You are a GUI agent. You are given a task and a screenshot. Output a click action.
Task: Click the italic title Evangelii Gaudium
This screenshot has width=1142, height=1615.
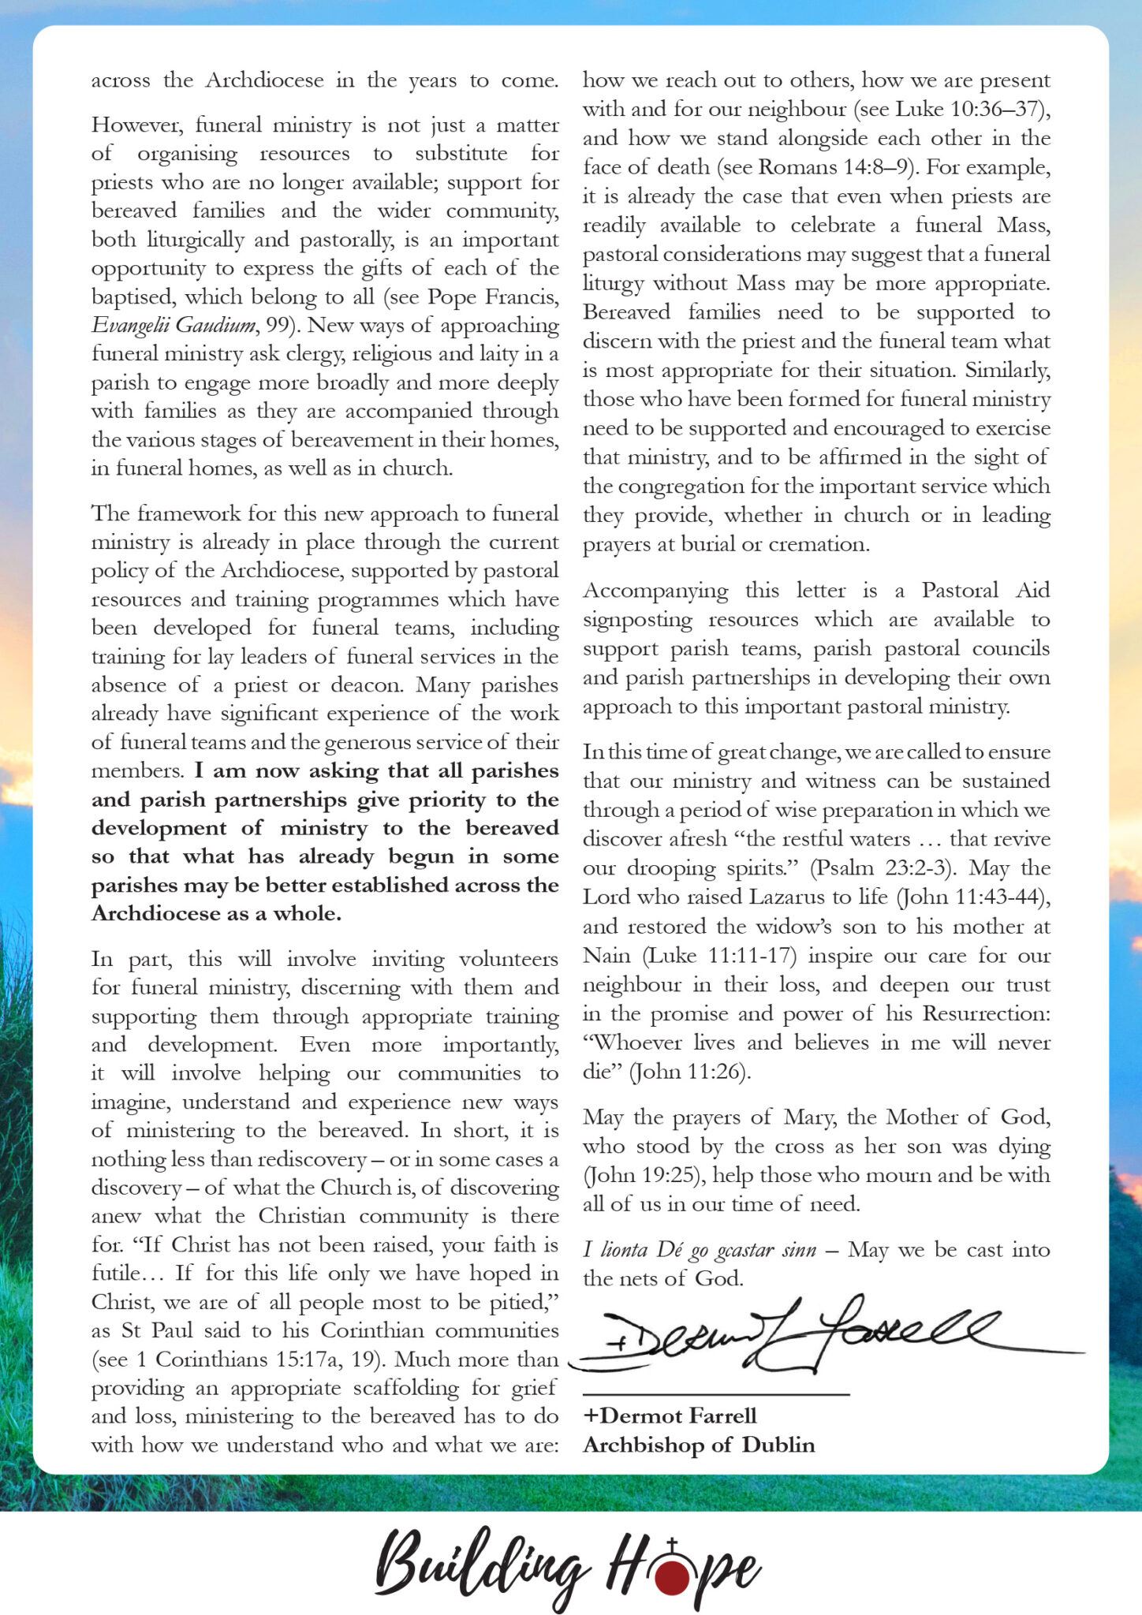[x=174, y=326]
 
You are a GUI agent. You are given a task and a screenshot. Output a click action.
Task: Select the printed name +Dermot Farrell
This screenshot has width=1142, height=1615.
[x=670, y=1415]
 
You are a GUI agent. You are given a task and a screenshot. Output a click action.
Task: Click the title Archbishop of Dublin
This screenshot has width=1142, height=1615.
[x=699, y=1445]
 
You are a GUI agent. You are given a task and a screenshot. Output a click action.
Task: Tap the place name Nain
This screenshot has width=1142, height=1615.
[x=606, y=956]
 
